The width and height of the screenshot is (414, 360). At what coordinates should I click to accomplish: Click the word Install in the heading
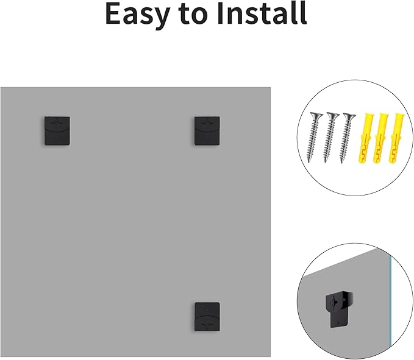click(x=262, y=13)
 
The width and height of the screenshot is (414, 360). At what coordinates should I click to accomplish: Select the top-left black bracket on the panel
click(x=57, y=131)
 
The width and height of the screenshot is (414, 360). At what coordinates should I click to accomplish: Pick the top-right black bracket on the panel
click(x=207, y=131)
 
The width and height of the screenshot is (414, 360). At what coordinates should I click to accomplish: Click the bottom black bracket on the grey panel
click(x=207, y=317)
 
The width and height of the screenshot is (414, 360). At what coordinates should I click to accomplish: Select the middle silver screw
click(x=330, y=137)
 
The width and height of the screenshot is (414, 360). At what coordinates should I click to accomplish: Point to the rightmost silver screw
click(x=348, y=138)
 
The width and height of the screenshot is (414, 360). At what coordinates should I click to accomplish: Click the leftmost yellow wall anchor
click(x=365, y=138)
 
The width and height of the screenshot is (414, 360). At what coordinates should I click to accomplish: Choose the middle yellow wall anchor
click(x=380, y=138)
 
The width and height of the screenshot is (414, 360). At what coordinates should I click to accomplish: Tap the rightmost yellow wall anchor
click(x=396, y=138)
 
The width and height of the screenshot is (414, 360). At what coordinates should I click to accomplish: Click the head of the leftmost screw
click(x=316, y=116)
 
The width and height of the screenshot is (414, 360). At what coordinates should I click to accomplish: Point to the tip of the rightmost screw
click(x=341, y=163)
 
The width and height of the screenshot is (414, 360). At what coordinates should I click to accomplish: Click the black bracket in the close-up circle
click(x=339, y=309)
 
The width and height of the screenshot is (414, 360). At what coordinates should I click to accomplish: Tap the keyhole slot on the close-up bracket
click(x=335, y=301)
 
